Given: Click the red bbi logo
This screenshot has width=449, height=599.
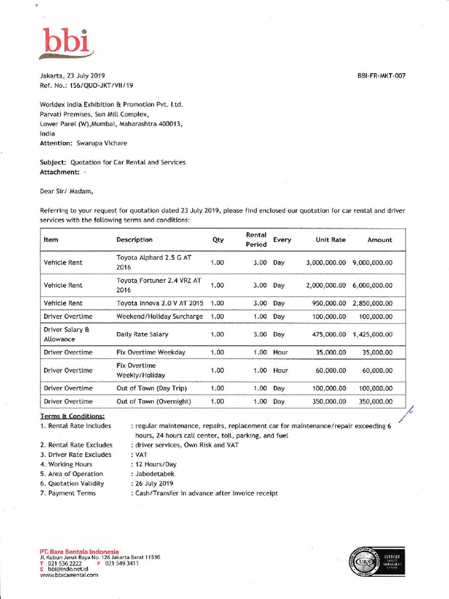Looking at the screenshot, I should click(x=67, y=42).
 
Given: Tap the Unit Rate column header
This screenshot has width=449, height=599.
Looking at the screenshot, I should click(x=330, y=240).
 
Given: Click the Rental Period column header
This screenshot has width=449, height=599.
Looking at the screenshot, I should click(x=256, y=240).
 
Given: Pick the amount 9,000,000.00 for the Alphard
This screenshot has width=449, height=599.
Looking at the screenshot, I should click(x=372, y=263).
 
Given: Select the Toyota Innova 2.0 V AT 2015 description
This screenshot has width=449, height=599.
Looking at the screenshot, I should click(x=160, y=304).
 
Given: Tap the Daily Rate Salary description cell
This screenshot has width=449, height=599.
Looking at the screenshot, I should click(x=142, y=335).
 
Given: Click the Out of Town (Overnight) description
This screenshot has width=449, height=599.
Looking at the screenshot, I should click(x=154, y=402).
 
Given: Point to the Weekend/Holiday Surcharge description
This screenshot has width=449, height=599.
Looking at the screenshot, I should click(x=160, y=316).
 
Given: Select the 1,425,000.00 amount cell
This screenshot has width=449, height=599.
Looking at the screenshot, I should click(x=372, y=335).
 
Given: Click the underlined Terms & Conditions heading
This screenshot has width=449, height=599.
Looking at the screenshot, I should click(x=72, y=416).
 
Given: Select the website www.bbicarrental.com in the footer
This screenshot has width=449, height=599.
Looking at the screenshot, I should click(x=69, y=575).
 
